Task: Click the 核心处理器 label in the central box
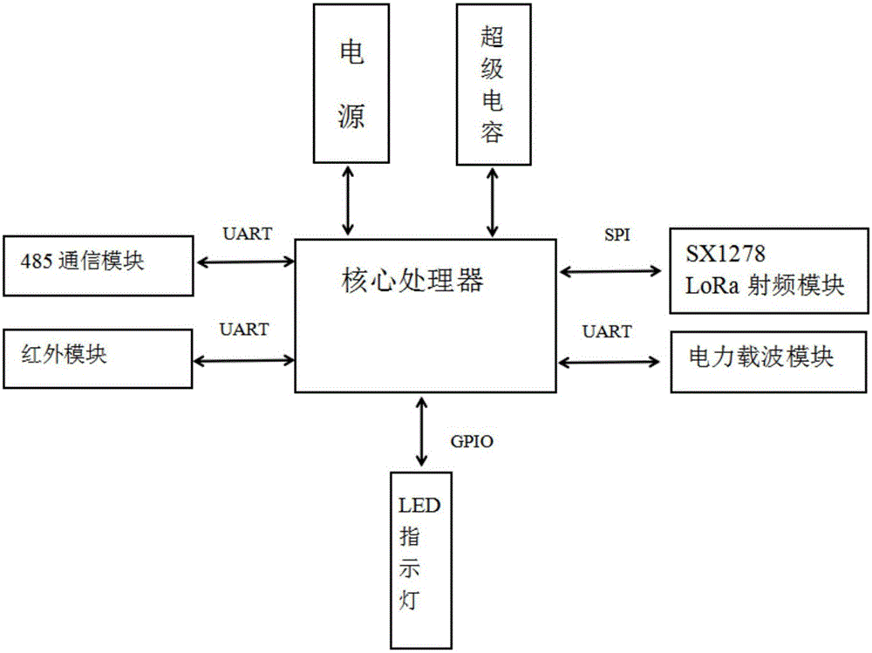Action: tap(412, 282)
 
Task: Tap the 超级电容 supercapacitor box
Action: tap(492, 84)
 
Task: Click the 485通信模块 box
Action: tap(98, 262)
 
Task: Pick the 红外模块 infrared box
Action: tap(98, 357)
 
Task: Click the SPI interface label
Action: tap(617, 235)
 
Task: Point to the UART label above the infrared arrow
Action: tap(245, 330)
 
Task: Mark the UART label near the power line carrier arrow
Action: tap(607, 331)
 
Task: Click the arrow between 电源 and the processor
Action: tap(350, 200)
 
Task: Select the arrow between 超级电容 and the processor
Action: tap(494, 200)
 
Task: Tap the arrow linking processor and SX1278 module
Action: tap(611, 272)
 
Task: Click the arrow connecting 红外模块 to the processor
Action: tap(246, 358)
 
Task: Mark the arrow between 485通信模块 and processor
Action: tap(246, 260)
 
